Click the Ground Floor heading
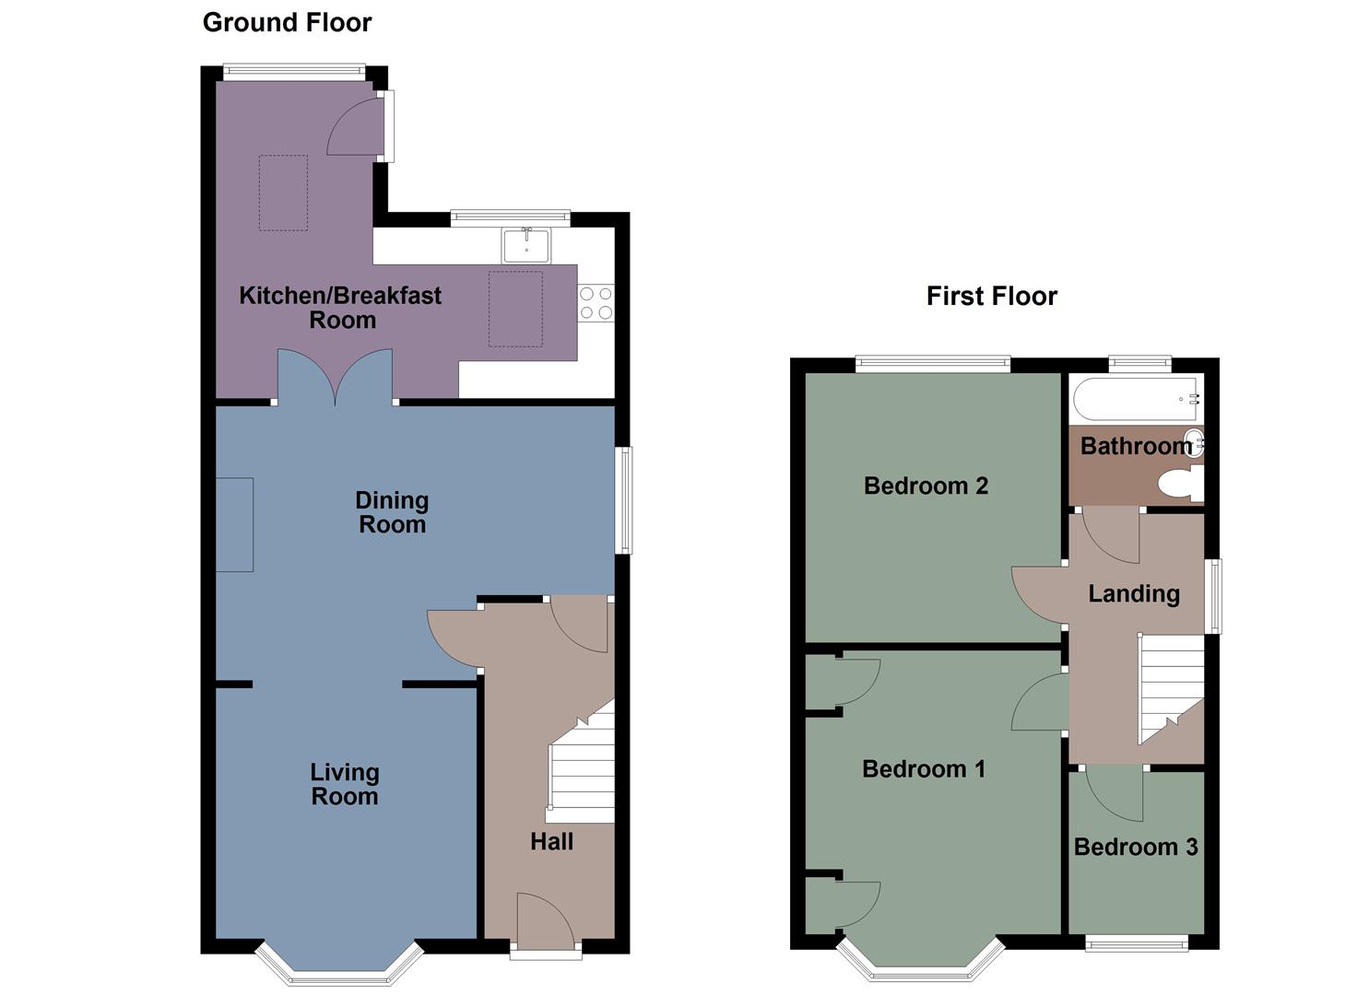(287, 23)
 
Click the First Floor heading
(991, 297)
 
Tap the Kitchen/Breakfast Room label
(340, 308)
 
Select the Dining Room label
(392, 512)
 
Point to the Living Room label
(344, 784)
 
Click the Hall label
(551, 841)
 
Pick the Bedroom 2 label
(926, 486)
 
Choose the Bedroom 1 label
(923, 768)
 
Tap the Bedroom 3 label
(1136, 847)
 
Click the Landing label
(1134, 593)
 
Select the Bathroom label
(1136, 446)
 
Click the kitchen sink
(525, 246)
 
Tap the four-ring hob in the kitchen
(596, 303)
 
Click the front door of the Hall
(544, 921)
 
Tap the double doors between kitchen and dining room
(336, 378)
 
